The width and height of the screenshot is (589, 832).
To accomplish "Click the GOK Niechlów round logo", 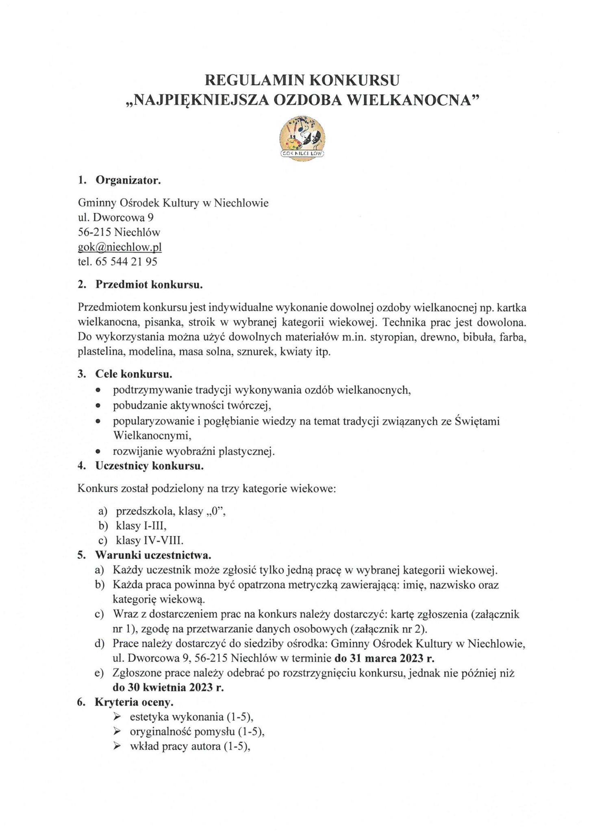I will click(x=302, y=139).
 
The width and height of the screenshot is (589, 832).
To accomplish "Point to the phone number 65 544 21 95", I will click(x=126, y=262).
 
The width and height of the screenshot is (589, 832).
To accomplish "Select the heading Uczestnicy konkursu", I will click(x=149, y=466).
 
